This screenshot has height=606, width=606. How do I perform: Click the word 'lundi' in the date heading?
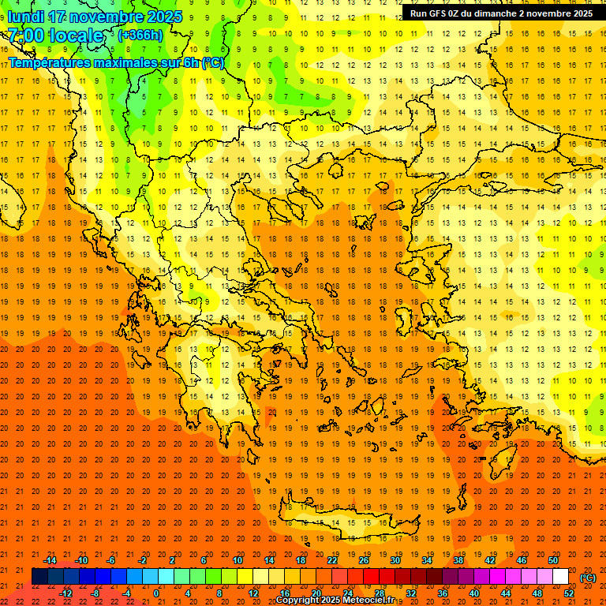(24, 17)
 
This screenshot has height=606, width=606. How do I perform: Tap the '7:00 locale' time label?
(55, 36)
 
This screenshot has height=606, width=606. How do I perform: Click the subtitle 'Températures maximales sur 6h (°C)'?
(116, 62)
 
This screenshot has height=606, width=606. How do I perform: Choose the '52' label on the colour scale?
(568, 593)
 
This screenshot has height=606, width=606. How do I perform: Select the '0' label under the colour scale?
(155, 593)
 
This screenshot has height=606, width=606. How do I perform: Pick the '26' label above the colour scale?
(364, 560)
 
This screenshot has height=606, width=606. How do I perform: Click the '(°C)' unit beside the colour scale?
(588, 578)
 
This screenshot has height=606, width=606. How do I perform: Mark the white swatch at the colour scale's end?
(560, 577)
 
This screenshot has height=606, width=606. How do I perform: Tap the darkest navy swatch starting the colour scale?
(39, 577)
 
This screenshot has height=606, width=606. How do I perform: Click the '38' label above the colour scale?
(458, 560)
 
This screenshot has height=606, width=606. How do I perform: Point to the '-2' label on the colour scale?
(143, 560)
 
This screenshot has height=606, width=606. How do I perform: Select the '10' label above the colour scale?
(238, 560)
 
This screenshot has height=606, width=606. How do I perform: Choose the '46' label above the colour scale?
(522, 560)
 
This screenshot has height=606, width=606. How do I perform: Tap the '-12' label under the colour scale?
(65, 593)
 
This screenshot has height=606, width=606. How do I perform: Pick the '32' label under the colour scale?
(411, 593)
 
